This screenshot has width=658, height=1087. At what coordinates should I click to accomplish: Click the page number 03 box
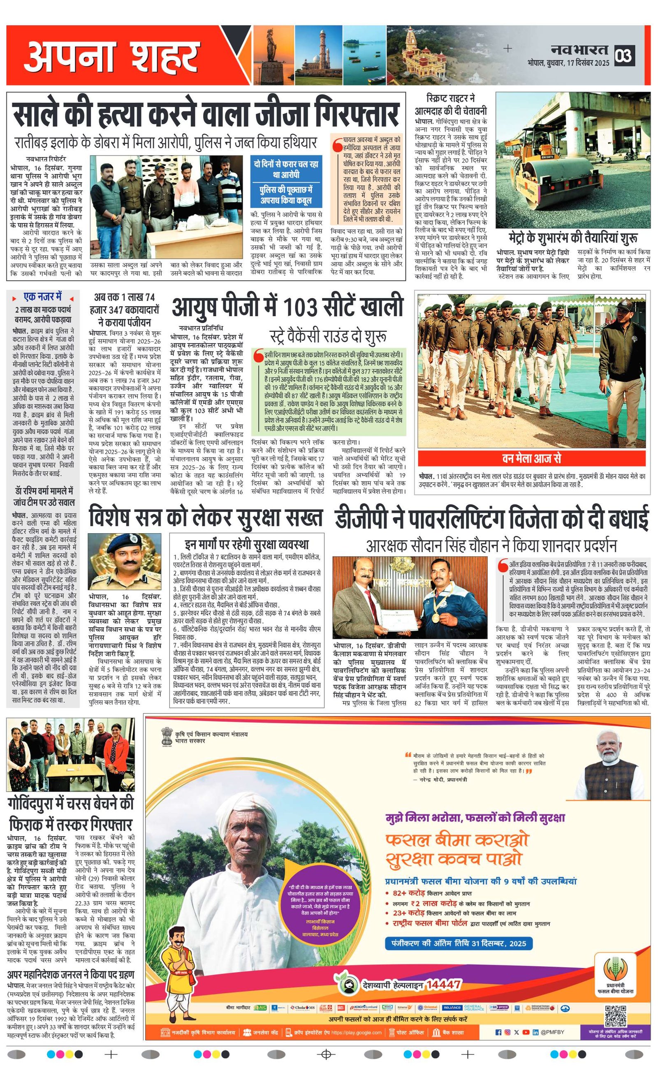[x=624, y=55]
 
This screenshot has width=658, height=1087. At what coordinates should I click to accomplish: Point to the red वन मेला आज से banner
[x=531, y=459]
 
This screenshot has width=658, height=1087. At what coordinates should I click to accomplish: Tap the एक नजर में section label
[x=43, y=296]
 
